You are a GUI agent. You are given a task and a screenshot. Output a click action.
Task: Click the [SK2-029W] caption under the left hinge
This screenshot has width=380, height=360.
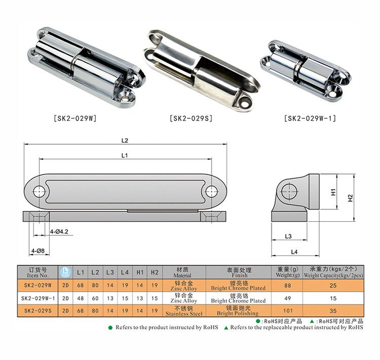[x=75, y=118]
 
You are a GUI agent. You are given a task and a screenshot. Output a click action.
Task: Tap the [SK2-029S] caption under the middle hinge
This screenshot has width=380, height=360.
[x=191, y=118]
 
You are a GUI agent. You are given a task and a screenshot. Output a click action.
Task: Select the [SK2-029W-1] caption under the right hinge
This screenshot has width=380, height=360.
[x=310, y=118]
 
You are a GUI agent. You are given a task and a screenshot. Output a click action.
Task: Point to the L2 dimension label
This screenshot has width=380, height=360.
[x=125, y=141]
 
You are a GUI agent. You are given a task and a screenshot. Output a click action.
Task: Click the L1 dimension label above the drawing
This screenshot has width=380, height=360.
[x=125, y=155]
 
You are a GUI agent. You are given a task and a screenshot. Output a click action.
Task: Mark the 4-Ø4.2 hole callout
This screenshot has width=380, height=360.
[x=59, y=231]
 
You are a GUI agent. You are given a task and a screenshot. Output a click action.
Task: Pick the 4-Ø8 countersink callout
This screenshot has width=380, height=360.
[x=38, y=251]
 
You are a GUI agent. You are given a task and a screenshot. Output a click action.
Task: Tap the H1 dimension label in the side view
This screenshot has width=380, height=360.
[x=333, y=192]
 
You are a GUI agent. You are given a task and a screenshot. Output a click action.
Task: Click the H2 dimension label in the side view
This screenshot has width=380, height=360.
[x=350, y=198]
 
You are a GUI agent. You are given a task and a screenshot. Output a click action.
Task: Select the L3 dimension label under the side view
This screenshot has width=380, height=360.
[x=288, y=236]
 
